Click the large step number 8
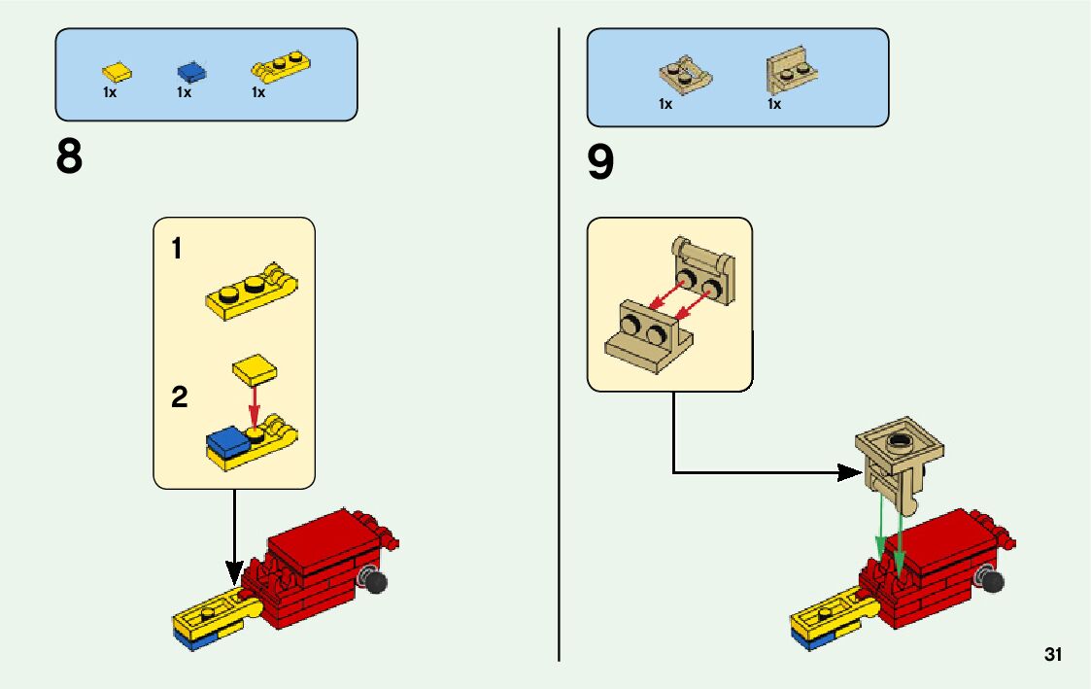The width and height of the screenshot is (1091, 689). point(70,157)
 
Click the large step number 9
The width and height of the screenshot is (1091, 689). point(600,163)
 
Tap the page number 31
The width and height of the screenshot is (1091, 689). point(1053,654)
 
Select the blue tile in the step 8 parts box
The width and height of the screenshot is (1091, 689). point(191,71)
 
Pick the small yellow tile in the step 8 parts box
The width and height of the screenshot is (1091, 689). point(118,71)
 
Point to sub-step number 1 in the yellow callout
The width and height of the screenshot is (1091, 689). point(177,250)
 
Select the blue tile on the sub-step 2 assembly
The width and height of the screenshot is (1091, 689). point(226,440)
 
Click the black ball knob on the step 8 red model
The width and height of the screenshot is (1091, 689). point(374,581)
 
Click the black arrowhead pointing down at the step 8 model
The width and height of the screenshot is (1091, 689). point(233,572)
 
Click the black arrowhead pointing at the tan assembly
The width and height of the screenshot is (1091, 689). point(852,473)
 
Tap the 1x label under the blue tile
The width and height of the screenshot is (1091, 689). point(184,93)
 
